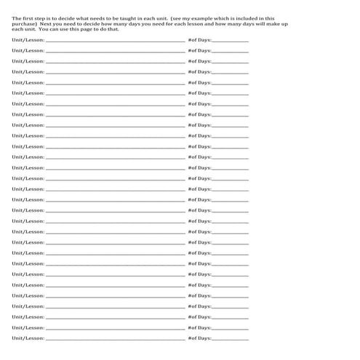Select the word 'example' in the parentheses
pos(212,18)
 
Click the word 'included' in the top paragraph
pos(252,18)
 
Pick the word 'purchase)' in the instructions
pos(24,24)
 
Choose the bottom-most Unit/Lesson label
pos(28,338)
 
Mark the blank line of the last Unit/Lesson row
pos(115,340)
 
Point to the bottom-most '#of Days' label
pos(199,338)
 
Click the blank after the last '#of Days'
pos(230,340)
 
